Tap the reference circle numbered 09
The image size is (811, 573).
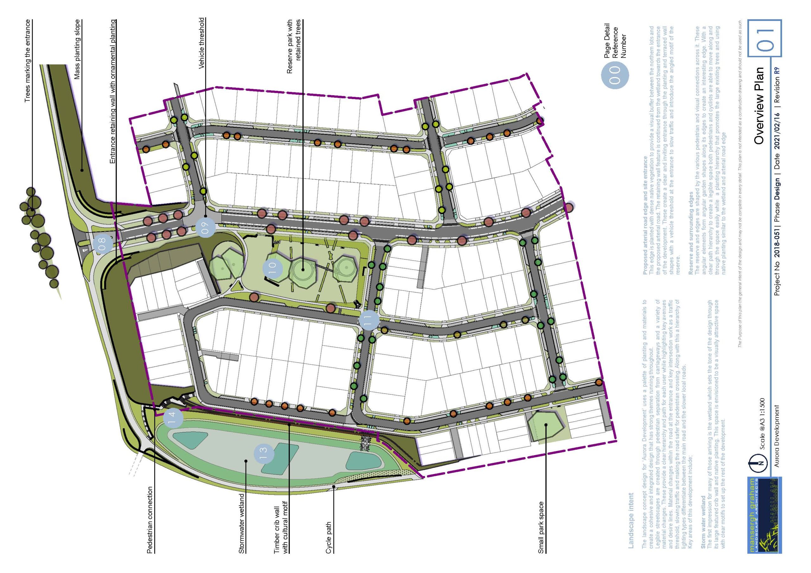coord(206,227)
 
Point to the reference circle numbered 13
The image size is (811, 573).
coord(264,453)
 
